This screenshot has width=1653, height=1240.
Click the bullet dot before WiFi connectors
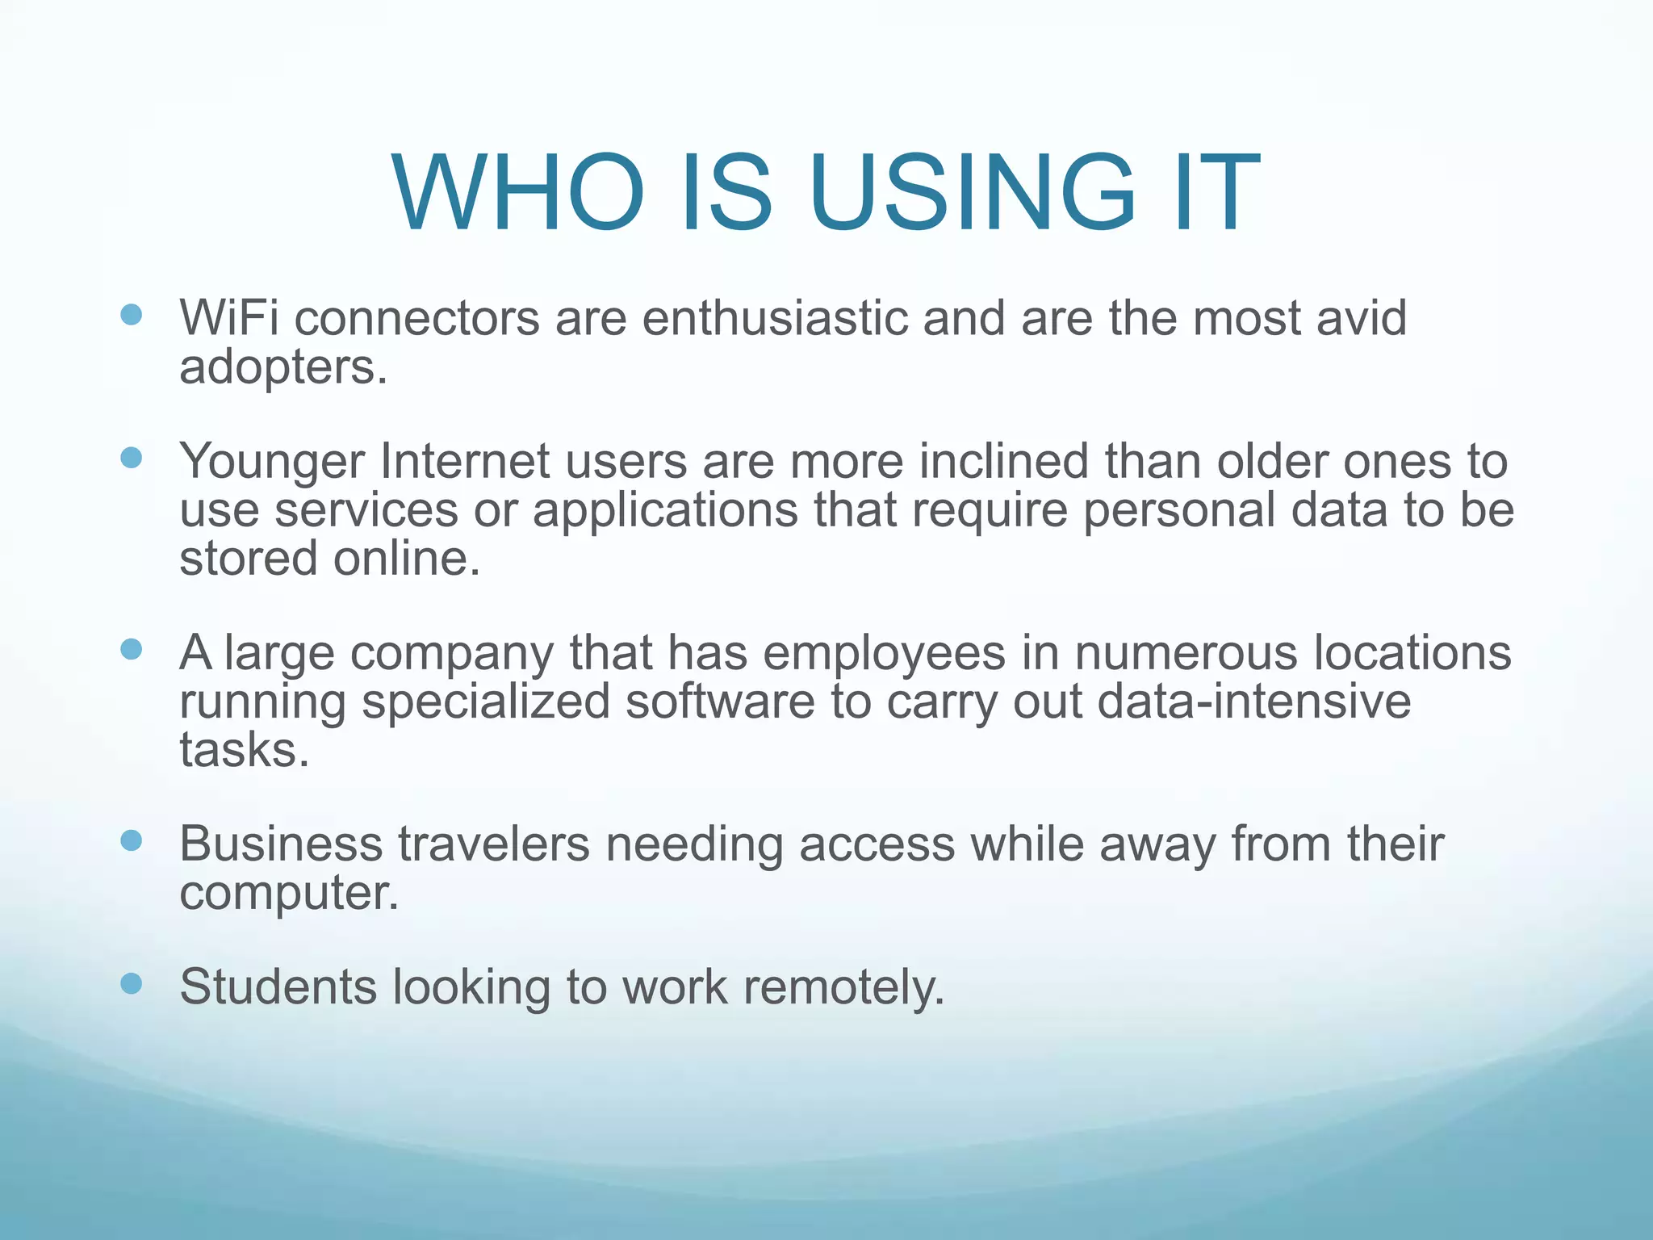131,314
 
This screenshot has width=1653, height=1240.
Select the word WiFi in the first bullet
229,317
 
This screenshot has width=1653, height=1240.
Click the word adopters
282,368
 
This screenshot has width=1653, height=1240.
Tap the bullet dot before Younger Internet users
131,458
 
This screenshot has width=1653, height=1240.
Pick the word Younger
272,461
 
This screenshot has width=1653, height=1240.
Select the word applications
664,511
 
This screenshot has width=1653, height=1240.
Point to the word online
407,559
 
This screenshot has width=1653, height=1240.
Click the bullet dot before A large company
131,649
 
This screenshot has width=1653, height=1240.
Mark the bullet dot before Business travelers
131,840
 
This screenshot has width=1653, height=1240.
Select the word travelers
494,844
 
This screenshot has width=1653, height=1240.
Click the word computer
289,894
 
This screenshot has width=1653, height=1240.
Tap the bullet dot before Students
131,983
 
